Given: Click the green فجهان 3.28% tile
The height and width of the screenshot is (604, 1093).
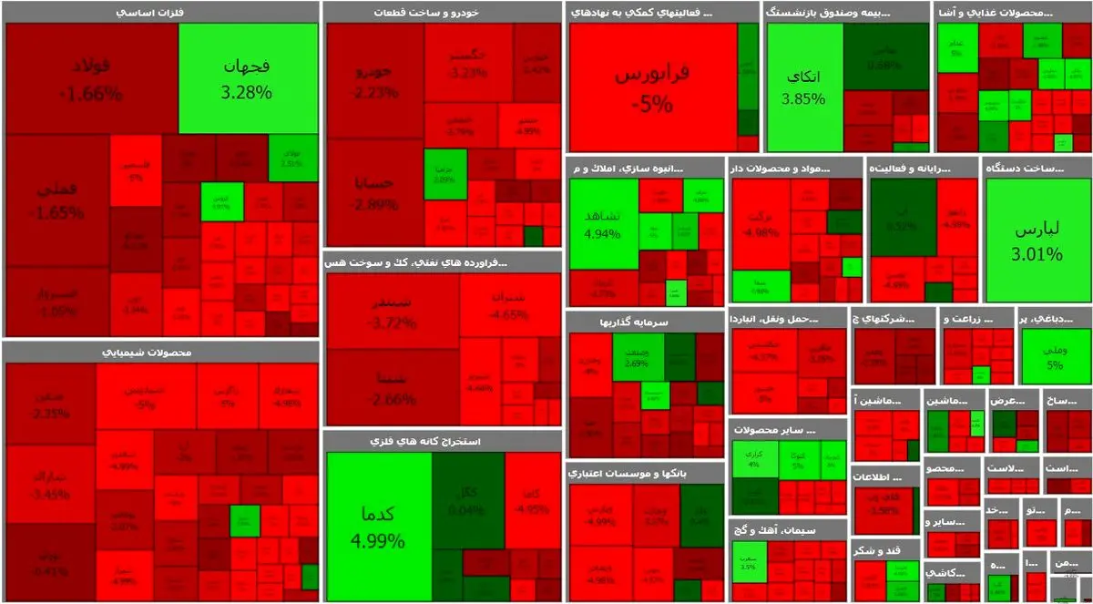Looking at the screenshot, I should click(248, 78).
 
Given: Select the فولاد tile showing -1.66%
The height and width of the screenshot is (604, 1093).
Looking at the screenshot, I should click(91, 78).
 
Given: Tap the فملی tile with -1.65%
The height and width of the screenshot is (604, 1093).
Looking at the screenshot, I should click(56, 202).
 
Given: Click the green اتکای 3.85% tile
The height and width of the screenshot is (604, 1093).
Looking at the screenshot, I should click(804, 87).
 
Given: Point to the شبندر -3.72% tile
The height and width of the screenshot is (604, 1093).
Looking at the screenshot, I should click(393, 311).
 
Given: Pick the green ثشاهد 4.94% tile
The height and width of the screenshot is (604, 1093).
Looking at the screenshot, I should click(603, 224).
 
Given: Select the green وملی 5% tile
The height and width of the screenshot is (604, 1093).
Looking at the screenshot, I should click(1055, 356).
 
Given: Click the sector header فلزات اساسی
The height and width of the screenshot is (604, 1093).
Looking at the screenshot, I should click(160, 13).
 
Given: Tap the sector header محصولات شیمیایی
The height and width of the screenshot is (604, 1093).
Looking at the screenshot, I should click(160, 352).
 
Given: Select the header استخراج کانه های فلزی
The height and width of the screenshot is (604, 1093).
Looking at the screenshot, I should click(442, 441).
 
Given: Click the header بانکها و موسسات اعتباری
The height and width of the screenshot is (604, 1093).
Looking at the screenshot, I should click(645, 474).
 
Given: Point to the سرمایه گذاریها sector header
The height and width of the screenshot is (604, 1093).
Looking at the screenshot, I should click(645, 322).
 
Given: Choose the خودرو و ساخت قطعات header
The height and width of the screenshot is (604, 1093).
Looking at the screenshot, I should click(442, 13).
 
